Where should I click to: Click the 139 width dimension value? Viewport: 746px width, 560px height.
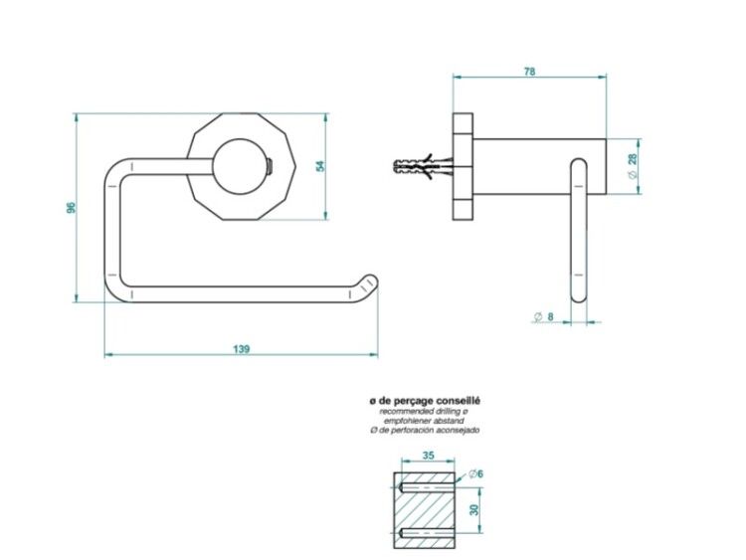click(x=242, y=349)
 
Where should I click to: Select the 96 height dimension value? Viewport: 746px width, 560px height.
click(x=71, y=208)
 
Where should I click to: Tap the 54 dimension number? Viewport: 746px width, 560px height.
click(x=320, y=166)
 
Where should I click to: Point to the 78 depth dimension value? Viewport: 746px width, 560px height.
click(x=529, y=72)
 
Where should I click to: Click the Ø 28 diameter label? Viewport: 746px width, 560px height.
click(x=633, y=165)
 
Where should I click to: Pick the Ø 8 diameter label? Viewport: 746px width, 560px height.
click(x=543, y=316)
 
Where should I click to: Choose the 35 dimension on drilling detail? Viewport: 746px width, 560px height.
click(x=428, y=456)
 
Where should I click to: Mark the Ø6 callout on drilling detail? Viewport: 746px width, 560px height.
click(x=475, y=473)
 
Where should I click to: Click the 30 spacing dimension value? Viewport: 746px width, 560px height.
click(x=473, y=510)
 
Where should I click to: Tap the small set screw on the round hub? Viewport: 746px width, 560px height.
click(x=270, y=166)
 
